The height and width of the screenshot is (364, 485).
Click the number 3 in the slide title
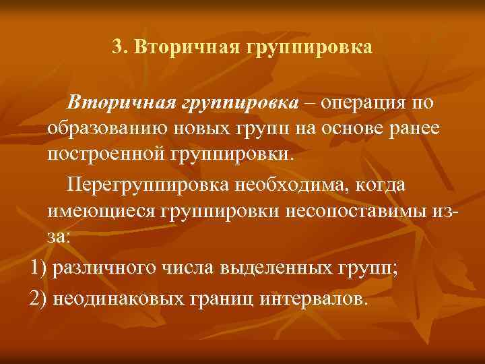click(x=116, y=48)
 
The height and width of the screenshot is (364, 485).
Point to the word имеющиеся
click(x=102, y=212)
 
